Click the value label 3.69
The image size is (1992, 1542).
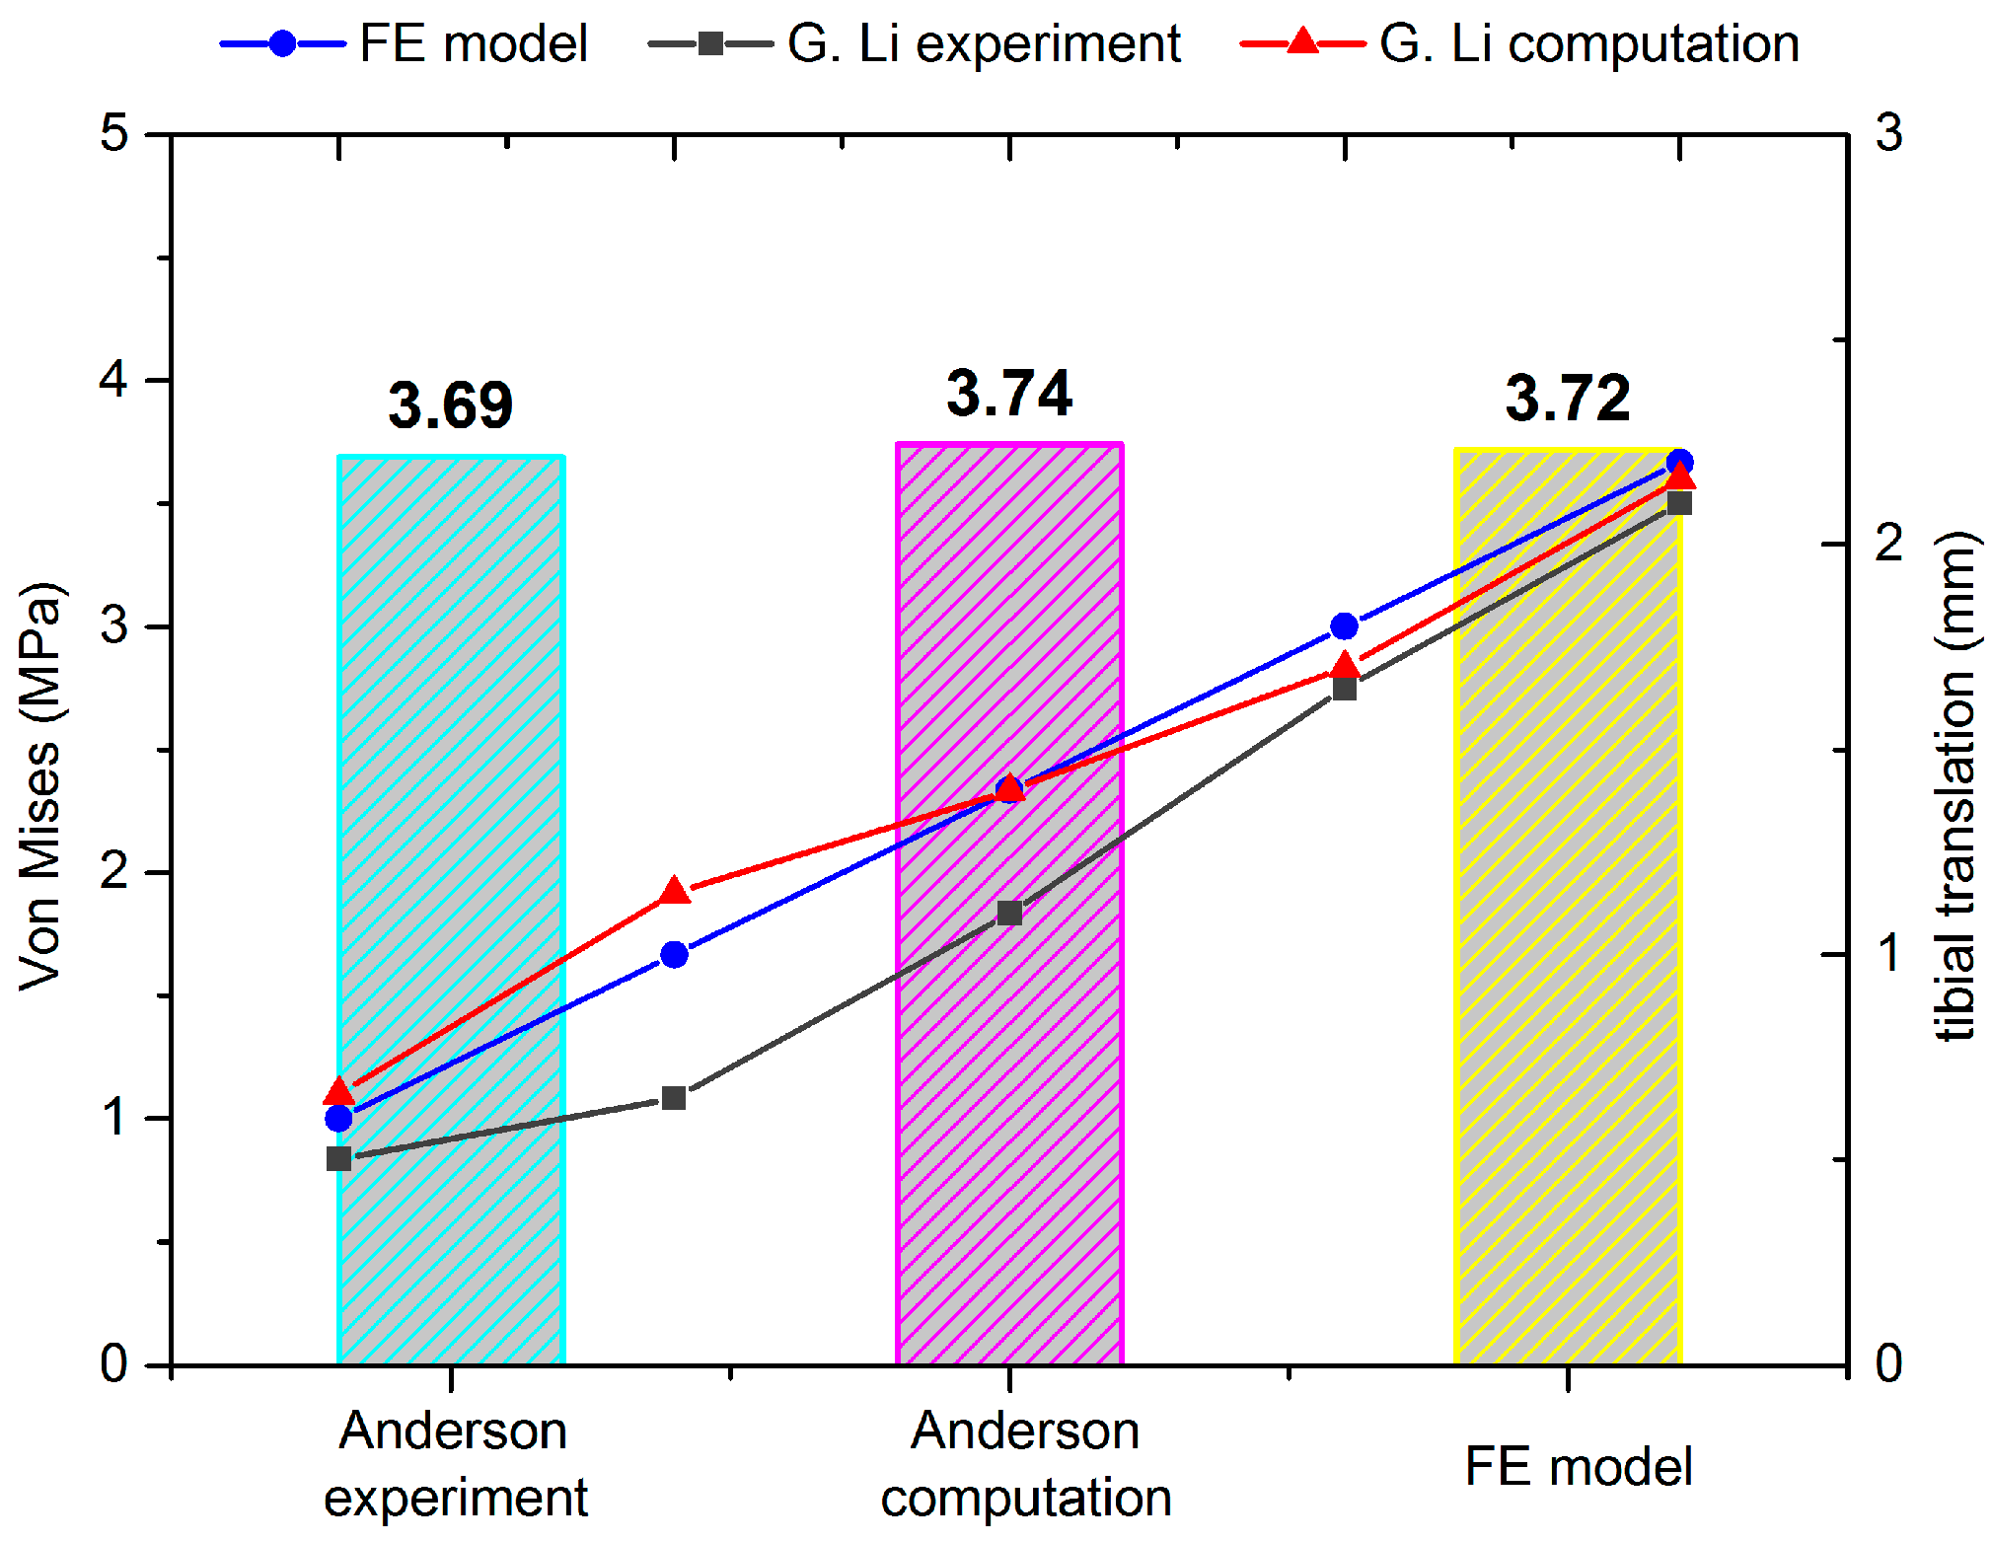451,405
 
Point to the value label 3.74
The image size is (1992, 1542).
1009,394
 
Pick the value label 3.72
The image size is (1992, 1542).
1568,400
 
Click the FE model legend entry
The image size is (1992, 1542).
405,43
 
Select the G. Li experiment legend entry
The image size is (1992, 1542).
915,43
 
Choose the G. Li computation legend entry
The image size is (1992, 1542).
1519,43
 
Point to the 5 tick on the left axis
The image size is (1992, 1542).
115,133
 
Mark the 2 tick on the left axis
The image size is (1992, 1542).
115,872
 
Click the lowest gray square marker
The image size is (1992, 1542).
338,1158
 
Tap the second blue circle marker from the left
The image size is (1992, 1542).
674,954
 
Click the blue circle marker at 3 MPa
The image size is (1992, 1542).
1344,626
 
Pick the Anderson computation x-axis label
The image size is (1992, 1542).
1026,1464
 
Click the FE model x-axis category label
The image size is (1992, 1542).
1579,1466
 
